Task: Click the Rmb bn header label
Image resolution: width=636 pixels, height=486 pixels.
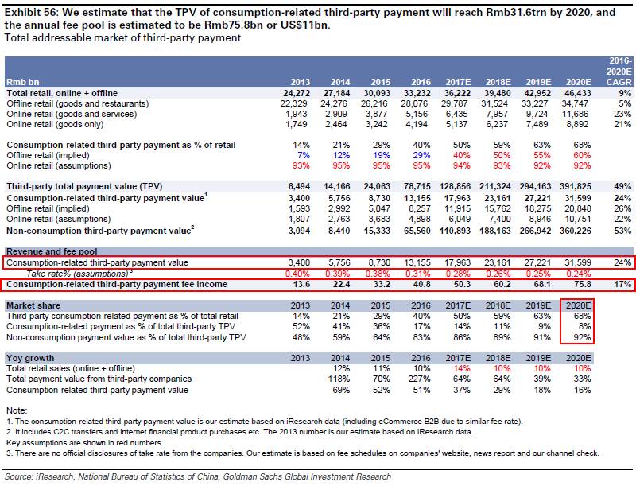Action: coord(23,82)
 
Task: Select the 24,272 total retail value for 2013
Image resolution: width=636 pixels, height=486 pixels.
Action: coord(297,93)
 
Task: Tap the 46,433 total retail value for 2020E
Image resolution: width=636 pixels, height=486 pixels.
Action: coord(578,93)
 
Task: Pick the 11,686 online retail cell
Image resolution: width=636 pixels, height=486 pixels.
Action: coord(575,114)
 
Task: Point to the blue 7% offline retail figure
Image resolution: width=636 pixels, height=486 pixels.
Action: coord(304,155)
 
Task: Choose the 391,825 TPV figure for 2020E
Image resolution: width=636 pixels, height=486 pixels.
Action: coord(576,187)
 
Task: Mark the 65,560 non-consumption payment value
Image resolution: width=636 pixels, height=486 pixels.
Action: coord(417,231)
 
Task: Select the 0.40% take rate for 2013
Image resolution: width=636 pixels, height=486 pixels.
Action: coord(297,274)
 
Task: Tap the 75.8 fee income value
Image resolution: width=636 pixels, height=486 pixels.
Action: coord(583,284)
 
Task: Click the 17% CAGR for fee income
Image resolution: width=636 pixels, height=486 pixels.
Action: coord(622,284)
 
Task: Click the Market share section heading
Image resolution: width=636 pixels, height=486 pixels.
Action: coord(33,305)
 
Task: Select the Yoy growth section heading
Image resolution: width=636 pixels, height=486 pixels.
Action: coord(30,358)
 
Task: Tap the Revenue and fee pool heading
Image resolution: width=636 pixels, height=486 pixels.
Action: coord(52,251)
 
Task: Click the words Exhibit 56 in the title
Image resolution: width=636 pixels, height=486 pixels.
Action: coord(29,13)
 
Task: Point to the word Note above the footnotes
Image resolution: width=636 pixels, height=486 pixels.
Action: coord(16,410)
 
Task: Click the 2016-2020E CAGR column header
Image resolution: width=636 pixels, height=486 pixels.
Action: coord(619,72)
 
